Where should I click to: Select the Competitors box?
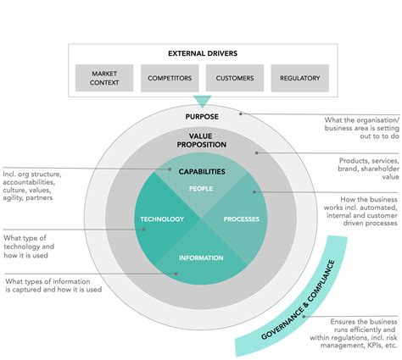pos(169,78)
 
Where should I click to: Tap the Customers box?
pos(234,78)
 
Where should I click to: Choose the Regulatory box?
pos(299,78)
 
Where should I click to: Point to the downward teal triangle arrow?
pos(202,101)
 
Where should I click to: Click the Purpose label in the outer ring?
pos(202,116)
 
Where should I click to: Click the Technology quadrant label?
pos(161,219)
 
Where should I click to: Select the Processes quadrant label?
pos(241,219)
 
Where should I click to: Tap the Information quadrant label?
pos(201,258)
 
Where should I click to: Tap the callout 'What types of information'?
pos(53,285)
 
